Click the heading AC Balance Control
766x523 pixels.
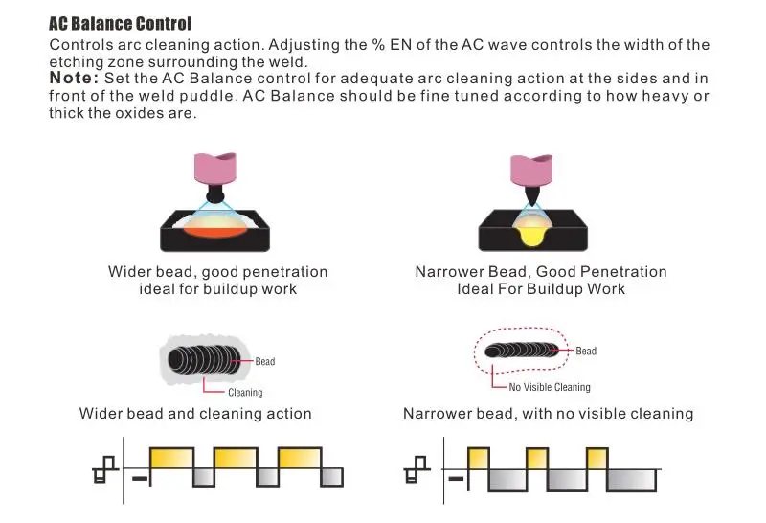[121, 23]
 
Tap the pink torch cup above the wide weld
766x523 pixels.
[215, 169]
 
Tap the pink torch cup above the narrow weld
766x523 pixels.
[531, 171]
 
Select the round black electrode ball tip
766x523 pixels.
[214, 196]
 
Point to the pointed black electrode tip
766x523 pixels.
[531, 196]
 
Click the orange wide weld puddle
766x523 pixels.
[214, 228]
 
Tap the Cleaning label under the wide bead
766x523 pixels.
[245, 393]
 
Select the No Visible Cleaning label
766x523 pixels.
[550, 387]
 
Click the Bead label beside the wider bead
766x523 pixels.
[265, 362]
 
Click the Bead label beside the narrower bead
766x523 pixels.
[586, 351]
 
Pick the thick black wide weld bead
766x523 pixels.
[205, 360]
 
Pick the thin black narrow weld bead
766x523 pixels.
[521, 350]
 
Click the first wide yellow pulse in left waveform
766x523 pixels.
[171, 459]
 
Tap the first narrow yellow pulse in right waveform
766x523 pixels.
[478, 459]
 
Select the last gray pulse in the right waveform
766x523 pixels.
[631, 481]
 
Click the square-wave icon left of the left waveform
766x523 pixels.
[105, 469]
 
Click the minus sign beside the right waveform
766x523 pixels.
[456, 479]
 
